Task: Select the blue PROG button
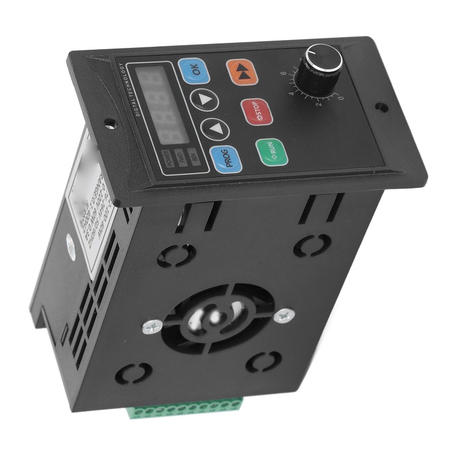coord(226,160)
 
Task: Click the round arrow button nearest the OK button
coord(205,100)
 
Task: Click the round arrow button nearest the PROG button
coord(215,130)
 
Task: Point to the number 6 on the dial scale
coord(283,74)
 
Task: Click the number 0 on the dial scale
coord(340,97)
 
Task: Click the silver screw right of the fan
coord(283,315)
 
